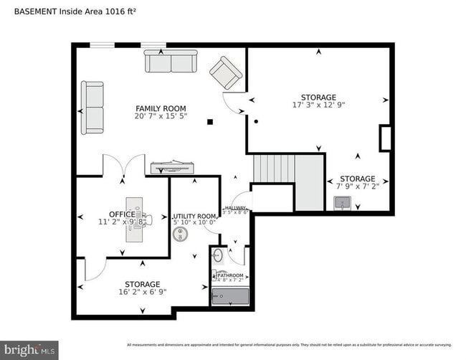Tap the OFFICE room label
point(121,214)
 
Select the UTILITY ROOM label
point(194,217)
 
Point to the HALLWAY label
point(235,207)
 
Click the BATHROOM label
point(230,275)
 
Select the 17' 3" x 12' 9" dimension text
point(318,105)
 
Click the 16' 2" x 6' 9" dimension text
point(142,293)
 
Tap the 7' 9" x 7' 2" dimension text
point(357,187)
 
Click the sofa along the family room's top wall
point(171,61)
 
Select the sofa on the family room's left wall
point(92,108)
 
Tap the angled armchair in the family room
point(225,72)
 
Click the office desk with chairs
point(134,218)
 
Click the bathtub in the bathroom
point(229,296)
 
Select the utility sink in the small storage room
point(343,204)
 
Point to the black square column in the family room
point(210,122)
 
